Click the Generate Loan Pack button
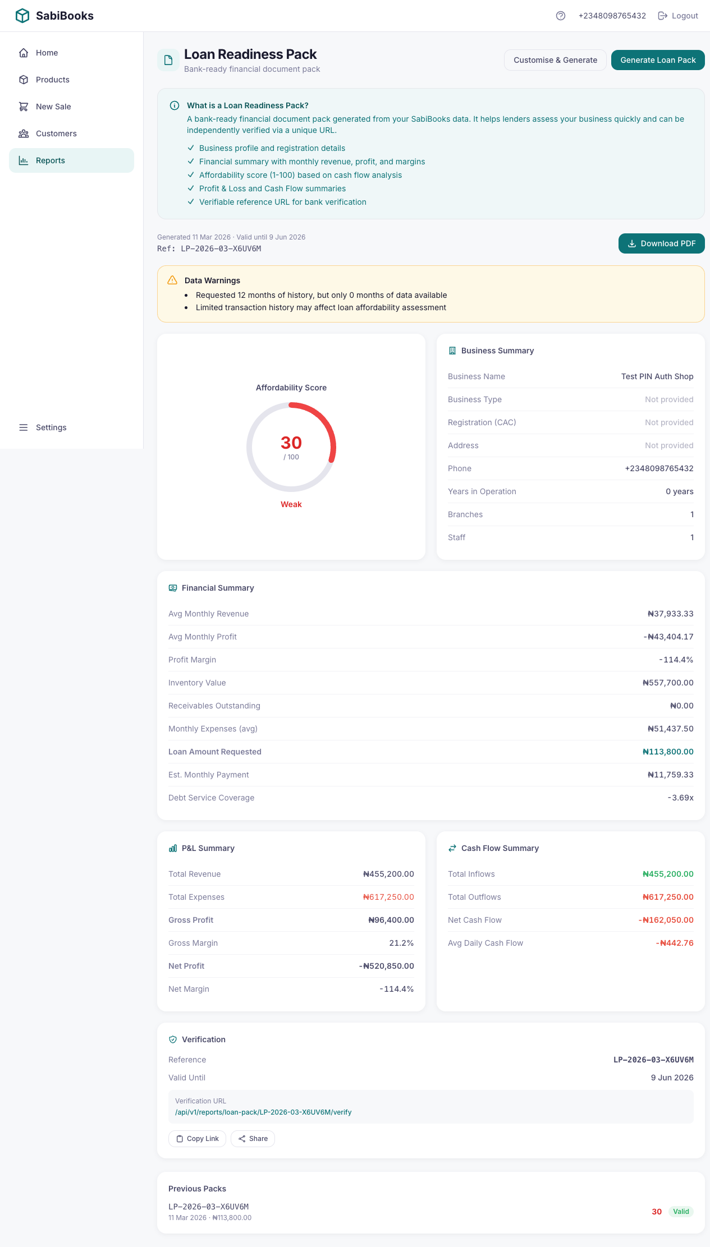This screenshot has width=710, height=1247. coord(658,60)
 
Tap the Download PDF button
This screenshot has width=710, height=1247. coord(661,243)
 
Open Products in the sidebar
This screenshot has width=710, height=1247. coord(52,80)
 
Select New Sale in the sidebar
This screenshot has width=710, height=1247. coord(53,107)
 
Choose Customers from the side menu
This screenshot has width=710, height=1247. coord(56,134)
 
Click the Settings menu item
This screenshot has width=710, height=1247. coord(51,427)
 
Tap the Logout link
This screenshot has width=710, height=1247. coord(678,16)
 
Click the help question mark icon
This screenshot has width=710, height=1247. coord(561,16)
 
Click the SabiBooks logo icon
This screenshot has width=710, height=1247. coord(22,16)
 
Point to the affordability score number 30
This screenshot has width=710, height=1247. coord(291,443)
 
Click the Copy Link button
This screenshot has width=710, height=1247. coord(197,1139)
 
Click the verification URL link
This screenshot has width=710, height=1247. coord(263,1112)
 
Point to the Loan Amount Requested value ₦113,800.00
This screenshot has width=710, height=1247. coord(668,752)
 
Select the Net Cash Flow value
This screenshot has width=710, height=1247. coord(666,920)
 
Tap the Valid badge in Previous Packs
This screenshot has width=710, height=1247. coord(681,1212)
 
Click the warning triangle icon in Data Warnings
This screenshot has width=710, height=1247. coord(172,280)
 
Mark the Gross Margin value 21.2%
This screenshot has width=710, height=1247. coord(401,943)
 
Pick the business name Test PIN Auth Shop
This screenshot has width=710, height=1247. coord(657,376)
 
